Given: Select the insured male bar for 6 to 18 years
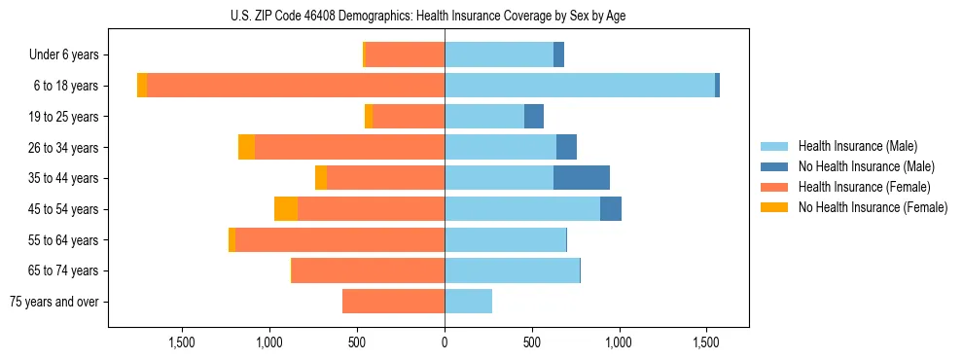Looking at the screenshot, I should tap(579, 86).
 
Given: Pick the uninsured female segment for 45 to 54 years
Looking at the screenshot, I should tap(286, 209).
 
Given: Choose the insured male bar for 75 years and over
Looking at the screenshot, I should tap(468, 302).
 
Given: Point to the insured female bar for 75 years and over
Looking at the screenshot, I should tap(393, 302).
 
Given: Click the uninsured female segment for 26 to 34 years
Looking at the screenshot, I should tap(246, 147).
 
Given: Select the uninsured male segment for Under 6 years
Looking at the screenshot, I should tap(558, 54).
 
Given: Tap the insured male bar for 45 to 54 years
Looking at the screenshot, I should tap(522, 209).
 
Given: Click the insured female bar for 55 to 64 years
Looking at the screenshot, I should tap(339, 240).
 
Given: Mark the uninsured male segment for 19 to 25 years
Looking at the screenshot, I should tap(534, 117).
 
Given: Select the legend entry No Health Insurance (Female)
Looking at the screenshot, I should tap(873, 207).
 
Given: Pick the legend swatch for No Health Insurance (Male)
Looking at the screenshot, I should tap(775, 166).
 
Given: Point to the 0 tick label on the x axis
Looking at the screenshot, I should tap(445, 342).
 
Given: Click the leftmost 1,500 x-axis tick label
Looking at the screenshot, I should tap(183, 342).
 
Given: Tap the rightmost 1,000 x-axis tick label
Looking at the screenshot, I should tap(620, 342).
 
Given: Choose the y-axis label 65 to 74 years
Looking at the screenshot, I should tap(64, 270).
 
